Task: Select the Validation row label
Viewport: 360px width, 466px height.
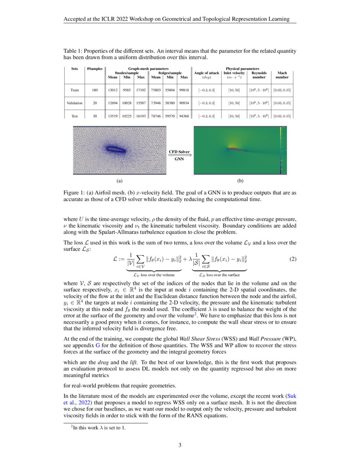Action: coord(75,103)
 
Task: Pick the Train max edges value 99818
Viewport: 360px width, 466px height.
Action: coord(184,90)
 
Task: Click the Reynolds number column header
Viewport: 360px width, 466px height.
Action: coord(259,75)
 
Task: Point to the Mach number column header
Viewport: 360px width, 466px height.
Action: coord(282,75)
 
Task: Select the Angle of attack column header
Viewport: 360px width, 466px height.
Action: coord(206,75)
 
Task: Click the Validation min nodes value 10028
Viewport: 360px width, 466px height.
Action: coord(127,103)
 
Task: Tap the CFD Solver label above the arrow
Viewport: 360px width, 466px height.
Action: coord(180,151)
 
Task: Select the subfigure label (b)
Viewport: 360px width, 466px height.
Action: coord(240,181)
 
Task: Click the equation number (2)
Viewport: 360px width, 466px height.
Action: coord(293,260)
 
